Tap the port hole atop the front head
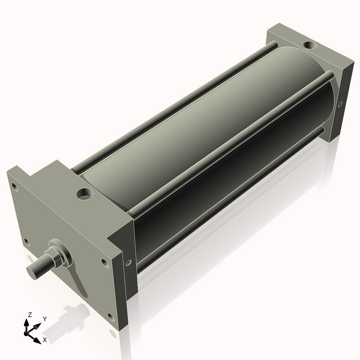(x=83, y=194)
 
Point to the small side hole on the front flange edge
(x=128, y=262)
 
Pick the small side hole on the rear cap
(x=340, y=104)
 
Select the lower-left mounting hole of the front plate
(x=26, y=242)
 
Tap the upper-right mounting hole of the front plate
(x=104, y=262)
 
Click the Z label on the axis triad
(x=30, y=314)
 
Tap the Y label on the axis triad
(x=44, y=319)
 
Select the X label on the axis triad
(x=44, y=340)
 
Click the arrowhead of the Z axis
(x=26, y=322)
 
